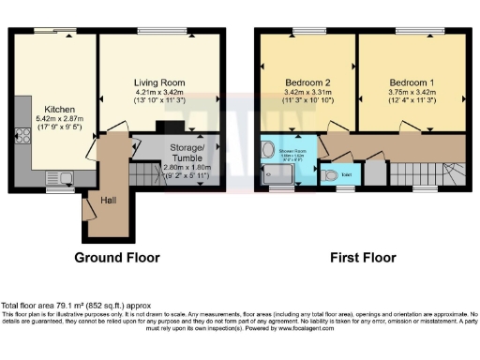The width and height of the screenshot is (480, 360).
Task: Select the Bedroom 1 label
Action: coord(412,82)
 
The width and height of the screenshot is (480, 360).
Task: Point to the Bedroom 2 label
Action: coord(307,82)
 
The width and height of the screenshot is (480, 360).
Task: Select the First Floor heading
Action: coord(360,256)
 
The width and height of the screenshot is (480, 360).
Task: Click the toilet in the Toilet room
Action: coord(328,175)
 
